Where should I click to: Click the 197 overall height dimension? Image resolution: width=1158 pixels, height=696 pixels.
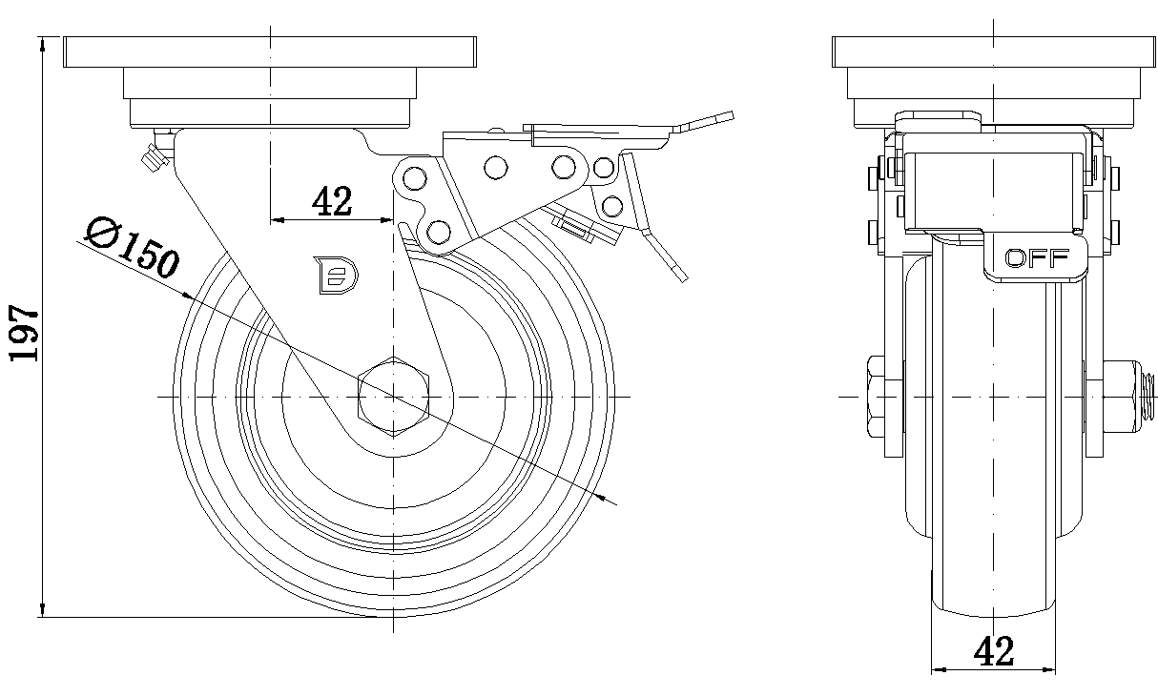click(x=24, y=333)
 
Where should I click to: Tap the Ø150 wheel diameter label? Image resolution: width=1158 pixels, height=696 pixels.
click(x=131, y=245)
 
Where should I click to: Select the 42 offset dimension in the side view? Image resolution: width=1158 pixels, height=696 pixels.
click(x=332, y=201)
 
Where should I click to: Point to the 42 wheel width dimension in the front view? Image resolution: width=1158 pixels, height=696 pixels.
click(x=994, y=651)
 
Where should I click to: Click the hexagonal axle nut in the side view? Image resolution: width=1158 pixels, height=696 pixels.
click(x=393, y=395)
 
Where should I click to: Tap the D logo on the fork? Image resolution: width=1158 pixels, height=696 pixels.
click(x=335, y=274)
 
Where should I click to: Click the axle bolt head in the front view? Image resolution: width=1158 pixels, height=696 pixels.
click(x=877, y=395)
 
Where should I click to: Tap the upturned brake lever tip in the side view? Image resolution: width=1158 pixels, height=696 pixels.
click(x=712, y=121)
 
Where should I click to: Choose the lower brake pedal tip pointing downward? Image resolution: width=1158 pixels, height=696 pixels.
click(x=675, y=269)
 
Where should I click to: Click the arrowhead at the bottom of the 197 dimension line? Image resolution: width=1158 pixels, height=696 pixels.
click(x=44, y=610)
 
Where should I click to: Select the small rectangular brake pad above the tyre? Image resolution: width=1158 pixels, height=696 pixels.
click(x=575, y=226)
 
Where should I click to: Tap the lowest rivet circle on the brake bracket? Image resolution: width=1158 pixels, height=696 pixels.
click(x=439, y=231)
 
